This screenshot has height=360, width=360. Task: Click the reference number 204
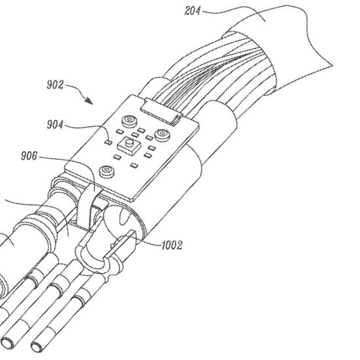[192, 10]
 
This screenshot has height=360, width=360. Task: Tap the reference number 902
[55, 84]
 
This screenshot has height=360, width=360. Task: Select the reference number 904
[55, 124]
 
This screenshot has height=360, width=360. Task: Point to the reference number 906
[29, 156]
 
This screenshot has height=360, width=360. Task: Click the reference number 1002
[172, 245]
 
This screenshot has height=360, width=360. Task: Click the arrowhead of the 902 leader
[90, 101]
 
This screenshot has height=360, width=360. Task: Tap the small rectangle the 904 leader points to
[108, 142]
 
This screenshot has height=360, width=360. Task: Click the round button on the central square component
[129, 143]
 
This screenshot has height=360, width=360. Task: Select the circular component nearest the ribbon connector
[130, 121]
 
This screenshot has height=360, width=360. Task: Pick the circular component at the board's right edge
[162, 134]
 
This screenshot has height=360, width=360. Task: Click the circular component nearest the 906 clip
[106, 171]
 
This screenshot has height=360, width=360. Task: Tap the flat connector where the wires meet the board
[162, 110]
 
